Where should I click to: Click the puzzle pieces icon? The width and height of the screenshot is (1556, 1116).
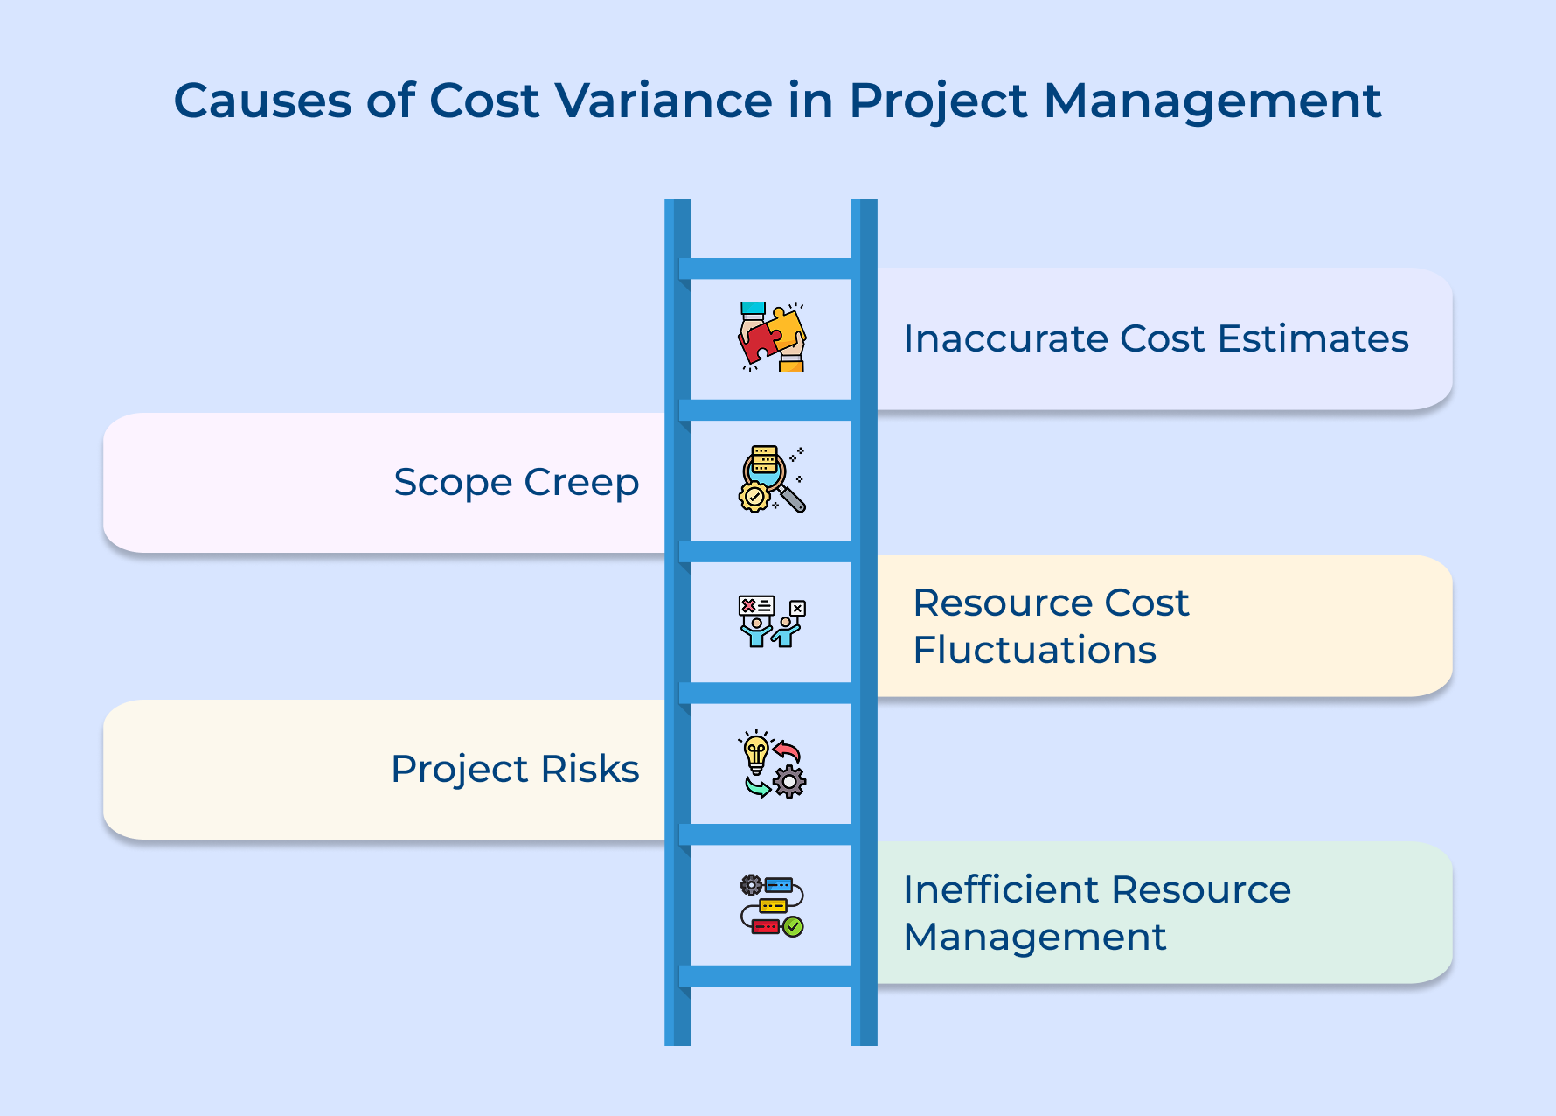[772, 337]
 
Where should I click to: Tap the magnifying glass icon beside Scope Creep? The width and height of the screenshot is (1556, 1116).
[772, 479]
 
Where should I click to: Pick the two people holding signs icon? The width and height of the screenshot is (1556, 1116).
[772, 621]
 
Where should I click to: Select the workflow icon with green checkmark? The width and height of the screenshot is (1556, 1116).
[772, 906]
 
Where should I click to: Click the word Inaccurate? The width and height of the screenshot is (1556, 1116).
[1005, 338]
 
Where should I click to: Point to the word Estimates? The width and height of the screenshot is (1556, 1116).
[1313, 338]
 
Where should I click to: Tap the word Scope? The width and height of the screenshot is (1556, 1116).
[453, 482]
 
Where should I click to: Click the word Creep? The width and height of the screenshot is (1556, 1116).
[581, 482]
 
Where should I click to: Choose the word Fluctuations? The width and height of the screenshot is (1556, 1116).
[1034, 650]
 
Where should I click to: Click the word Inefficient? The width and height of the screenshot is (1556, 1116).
[1002, 889]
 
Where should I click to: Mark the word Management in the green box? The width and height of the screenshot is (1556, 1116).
[1034, 937]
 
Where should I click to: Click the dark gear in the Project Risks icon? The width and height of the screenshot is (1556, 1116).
[790, 781]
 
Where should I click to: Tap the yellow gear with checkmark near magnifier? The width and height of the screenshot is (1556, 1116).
[754, 497]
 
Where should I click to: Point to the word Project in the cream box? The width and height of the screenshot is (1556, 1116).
[460, 769]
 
